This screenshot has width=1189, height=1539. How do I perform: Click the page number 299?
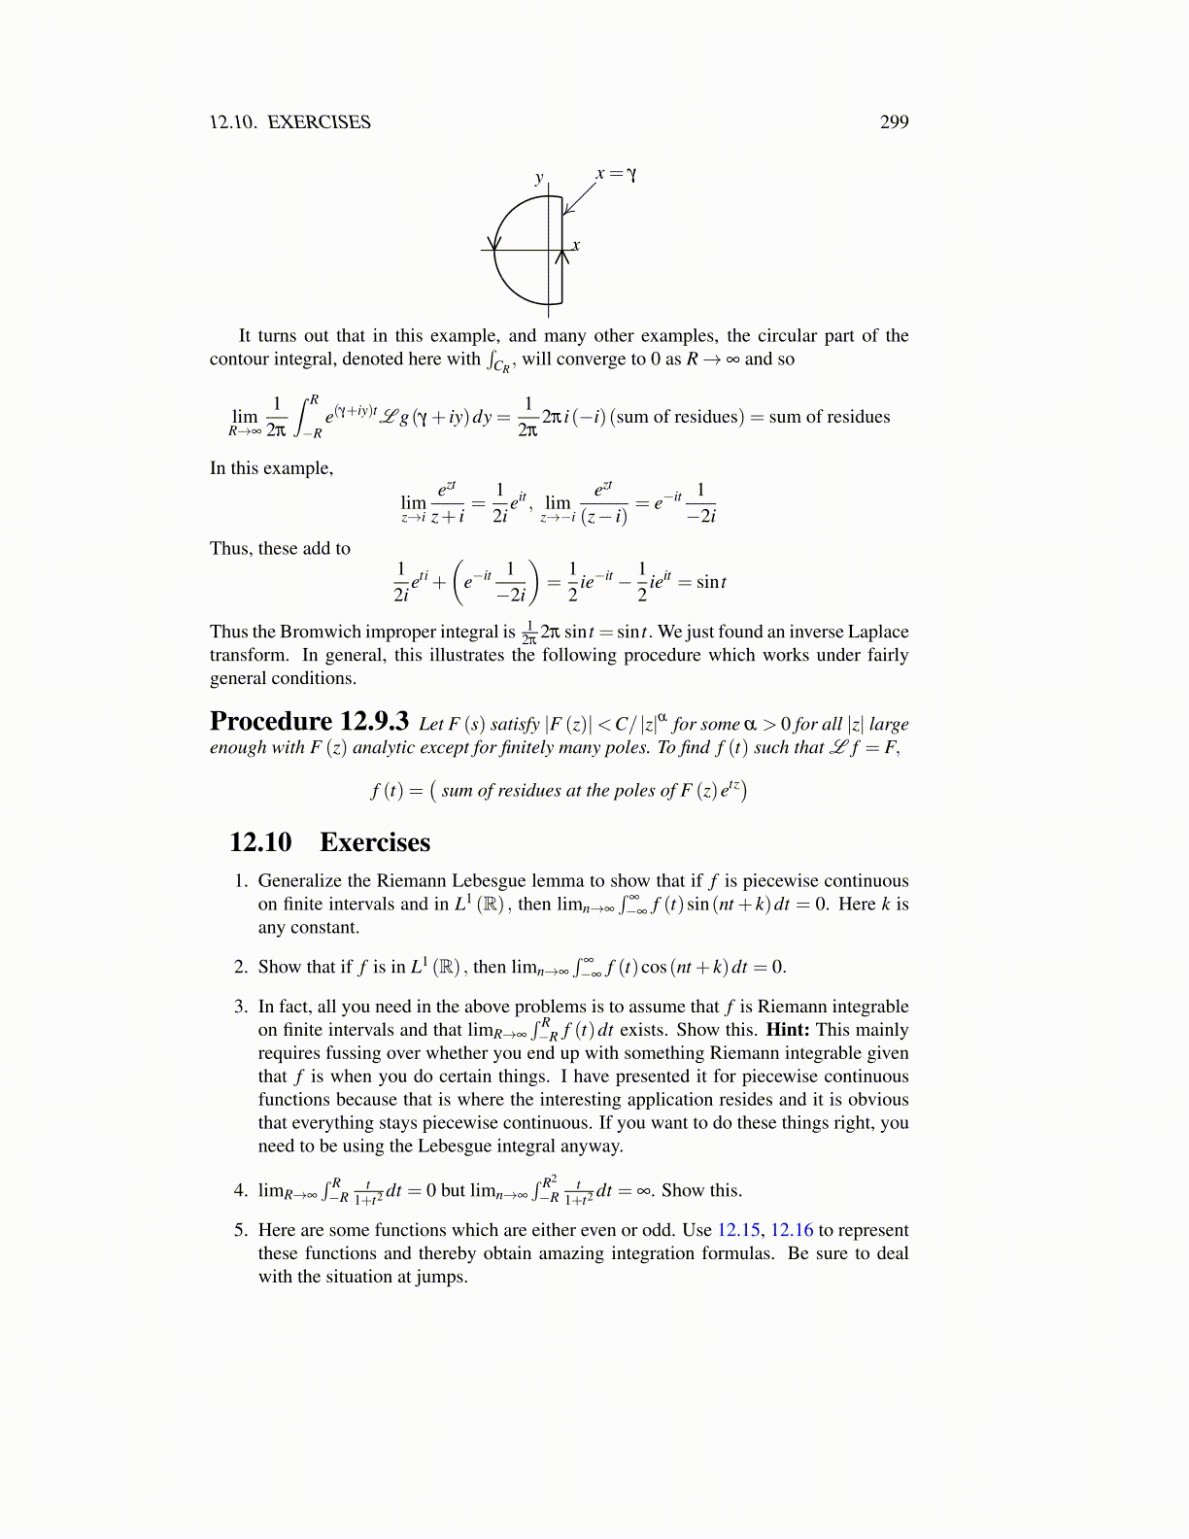[894, 122]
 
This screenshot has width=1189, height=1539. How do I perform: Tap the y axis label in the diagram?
[539, 178]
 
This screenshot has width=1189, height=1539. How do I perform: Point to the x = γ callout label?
[617, 174]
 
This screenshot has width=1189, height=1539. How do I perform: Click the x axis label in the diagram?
[576, 245]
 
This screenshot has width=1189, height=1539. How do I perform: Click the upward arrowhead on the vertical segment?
[561, 257]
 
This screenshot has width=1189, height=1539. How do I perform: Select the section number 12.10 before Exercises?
[260, 842]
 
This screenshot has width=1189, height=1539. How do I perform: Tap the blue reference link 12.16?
[792, 1230]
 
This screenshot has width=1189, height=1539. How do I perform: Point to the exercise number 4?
[241, 1190]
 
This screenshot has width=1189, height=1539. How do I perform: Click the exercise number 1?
[241, 881]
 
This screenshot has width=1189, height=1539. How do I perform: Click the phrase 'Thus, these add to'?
[280, 549]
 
